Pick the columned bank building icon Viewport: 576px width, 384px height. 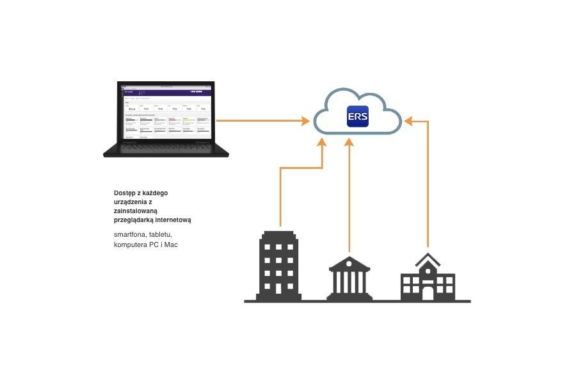tap(349, 278)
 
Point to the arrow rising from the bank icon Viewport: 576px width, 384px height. tap(349, 192)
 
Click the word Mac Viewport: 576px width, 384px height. tap(171, 244)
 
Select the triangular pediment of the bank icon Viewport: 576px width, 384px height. tap(349, 263)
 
